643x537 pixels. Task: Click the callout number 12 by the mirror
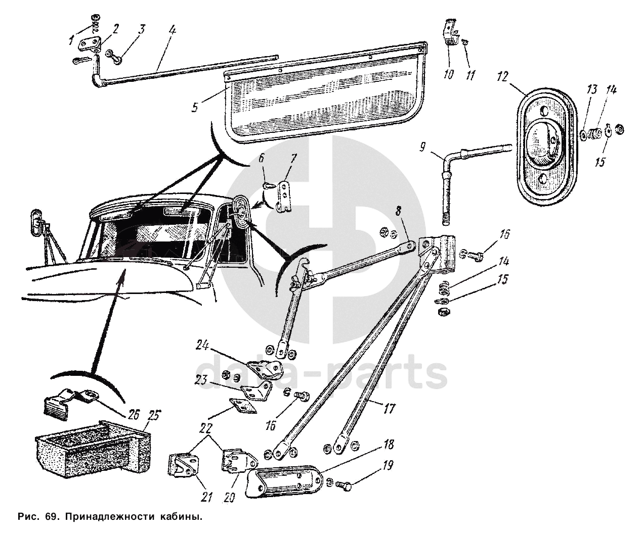[x=502, y=76]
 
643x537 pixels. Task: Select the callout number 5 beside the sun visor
[x=195, y=107]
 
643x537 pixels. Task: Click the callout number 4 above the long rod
[x=172, y=30]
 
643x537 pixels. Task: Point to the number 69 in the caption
[x=50, y=516]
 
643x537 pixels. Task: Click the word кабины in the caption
[x=181, y=517]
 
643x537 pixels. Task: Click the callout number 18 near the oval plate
[x=389, y=445]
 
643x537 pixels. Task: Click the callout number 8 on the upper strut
[x=399, y=211]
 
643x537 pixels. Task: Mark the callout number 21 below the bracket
[x=206, y=497]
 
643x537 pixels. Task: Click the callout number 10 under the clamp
[x=449, y=74]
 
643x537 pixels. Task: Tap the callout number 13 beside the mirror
[x=591, y=89]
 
